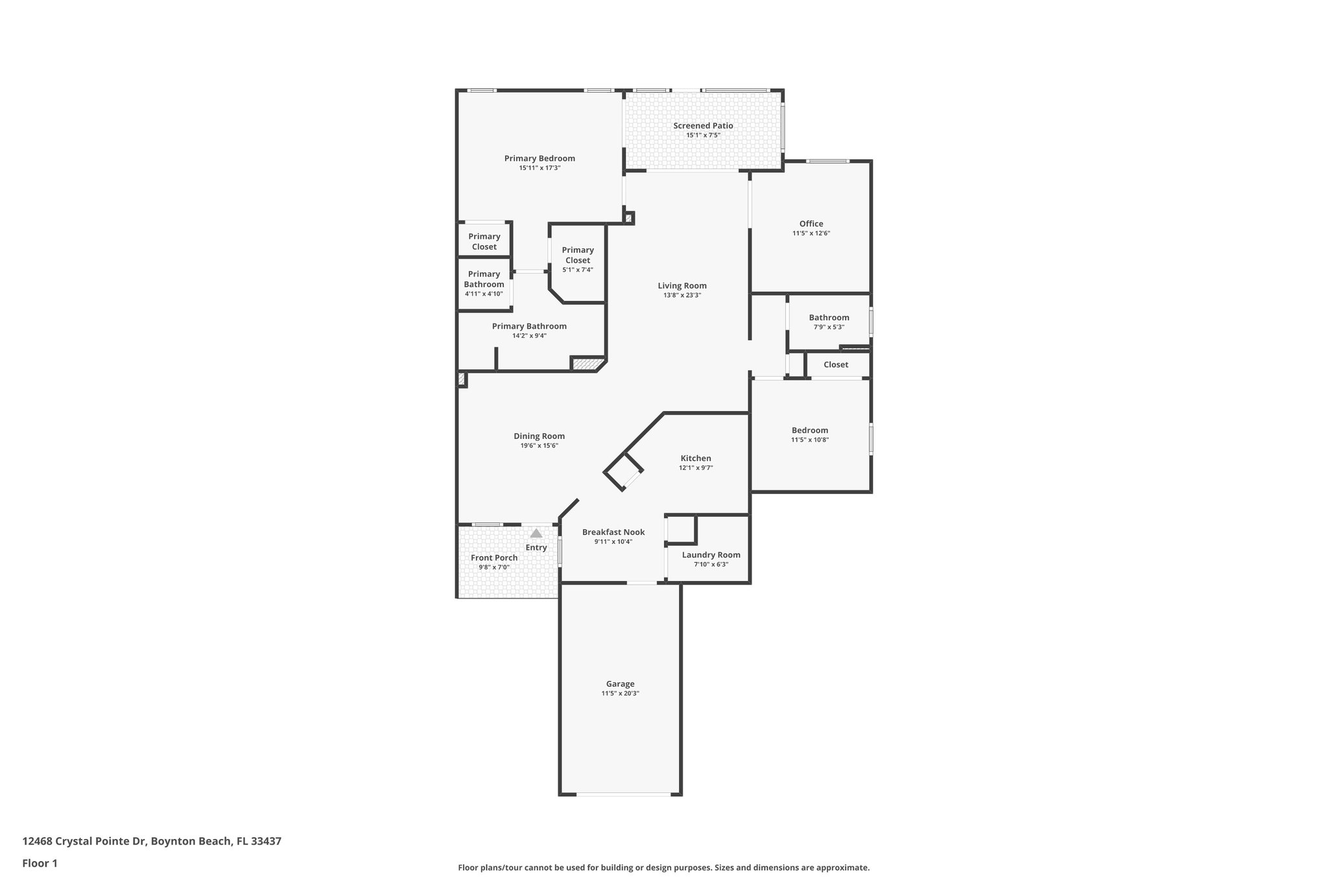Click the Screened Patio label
click(x=703, y=126)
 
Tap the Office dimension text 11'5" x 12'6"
click(x=811, y=233)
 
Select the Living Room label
click(x=682, y=285)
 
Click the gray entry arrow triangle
click(x=536, y=534)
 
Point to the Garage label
click(x=620, y=683)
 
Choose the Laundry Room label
click(x=711, y=554)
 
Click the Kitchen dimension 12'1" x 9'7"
click(x=696, y=467)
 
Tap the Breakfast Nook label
click(x=613, y=532)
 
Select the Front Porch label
click(x=494, y=558)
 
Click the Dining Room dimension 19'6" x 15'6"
click(x=539, y=445)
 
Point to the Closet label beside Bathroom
click(x=835, y=364)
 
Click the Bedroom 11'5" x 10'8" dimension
click(x=809, y=440)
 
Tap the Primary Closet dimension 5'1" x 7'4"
click(x=577, y=270)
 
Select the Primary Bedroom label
click(x=539, y=158)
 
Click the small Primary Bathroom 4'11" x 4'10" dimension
click(x=484, y=294)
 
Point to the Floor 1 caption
click(x=40, y=863)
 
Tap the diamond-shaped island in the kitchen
click(x=623, y=472)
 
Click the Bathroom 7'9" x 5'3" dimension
click(x=829, y=327)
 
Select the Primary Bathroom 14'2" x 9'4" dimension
click(x=529, y=336)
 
